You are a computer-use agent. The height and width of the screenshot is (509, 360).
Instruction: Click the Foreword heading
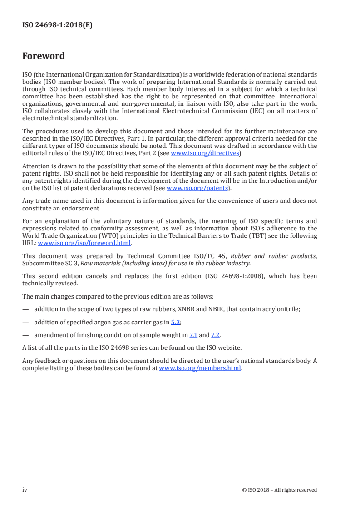[44, 56]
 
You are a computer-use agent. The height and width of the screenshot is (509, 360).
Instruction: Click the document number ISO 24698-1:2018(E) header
[57, 25]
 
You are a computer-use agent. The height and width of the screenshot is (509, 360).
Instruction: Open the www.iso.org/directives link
[205, 153]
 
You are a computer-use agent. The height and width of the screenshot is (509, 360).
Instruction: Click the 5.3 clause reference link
[175, 322]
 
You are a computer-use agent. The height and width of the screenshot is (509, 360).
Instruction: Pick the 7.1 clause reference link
[193, 335]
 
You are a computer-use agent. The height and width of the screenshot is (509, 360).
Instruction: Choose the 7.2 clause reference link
[215, 335]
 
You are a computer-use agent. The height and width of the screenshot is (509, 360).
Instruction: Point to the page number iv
[25, 490]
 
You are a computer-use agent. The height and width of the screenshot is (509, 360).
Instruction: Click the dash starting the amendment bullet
[25, 335]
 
